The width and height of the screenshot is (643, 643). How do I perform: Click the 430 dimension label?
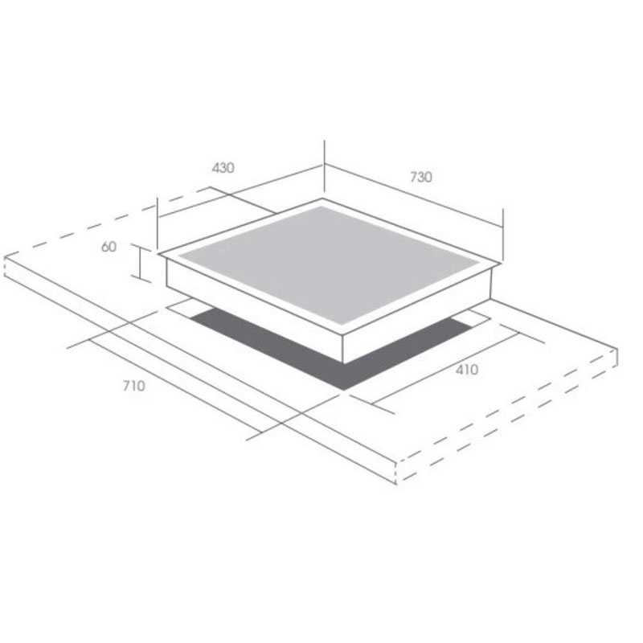pyautogui.click(x=223, y=168)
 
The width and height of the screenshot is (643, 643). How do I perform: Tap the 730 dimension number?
pyautogui.click(x=420, y=177)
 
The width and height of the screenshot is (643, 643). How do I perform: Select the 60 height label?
pyautogui.click(x=109, y=247)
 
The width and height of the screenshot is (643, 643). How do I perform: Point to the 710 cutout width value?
pyautogui.click(x=133, y=386)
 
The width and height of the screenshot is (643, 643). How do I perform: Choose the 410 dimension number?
pyautogui.click(x=466, y=370)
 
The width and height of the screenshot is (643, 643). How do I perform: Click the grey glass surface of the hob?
pyautogui.click(x=330, y=261)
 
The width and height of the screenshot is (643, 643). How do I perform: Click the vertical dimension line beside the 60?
pyautogui.click(x=141, y=264)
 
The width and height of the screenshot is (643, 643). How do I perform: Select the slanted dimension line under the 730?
pyautogui.click(x=414, y=198)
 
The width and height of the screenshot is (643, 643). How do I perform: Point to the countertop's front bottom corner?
pyautogui.click(x=397, y=482)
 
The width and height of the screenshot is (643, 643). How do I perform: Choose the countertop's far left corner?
pyautogui.click(x=5, y=257)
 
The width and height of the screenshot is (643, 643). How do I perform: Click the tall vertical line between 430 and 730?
pyautogui.click(x=324, y=169)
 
